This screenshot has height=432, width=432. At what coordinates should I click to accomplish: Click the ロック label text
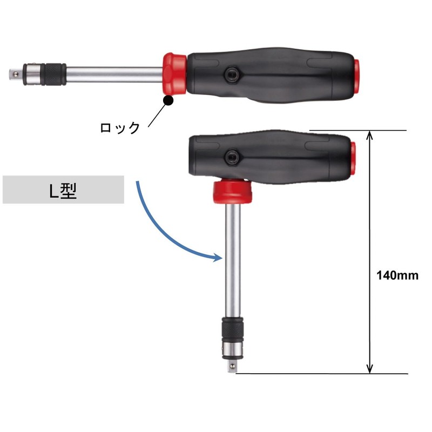coord(120,128)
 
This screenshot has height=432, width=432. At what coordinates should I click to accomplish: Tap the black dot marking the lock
coord(168,100)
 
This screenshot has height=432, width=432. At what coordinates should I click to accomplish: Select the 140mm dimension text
coord(397,275)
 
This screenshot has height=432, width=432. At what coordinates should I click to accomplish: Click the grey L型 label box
coord(64,190)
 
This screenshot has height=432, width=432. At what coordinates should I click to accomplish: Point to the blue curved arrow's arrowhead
coord(218,257)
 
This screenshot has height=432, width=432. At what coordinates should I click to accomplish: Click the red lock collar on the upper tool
coord(174,74)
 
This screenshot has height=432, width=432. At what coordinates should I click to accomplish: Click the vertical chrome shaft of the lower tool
coord(233,259)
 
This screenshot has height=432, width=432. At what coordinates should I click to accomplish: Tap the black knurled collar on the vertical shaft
coord(233,329)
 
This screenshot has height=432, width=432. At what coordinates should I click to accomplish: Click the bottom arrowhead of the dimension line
coord(370,368)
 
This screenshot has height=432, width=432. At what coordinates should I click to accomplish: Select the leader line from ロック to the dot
coord(156,114)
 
